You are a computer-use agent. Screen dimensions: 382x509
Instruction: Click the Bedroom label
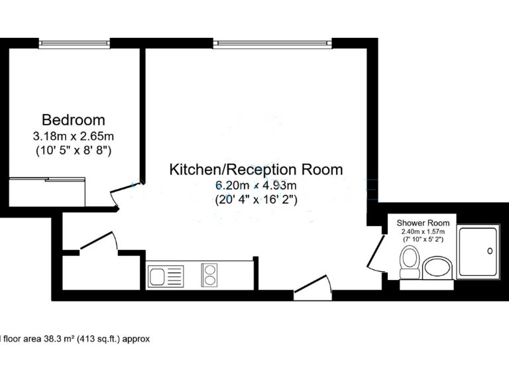[x=73, y=120]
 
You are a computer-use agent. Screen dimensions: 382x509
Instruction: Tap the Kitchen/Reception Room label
[x=256, y=169]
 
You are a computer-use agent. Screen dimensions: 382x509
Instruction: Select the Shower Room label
[x=423, y=223]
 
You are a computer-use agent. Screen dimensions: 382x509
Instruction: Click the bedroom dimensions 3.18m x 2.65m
[x=73, y=136]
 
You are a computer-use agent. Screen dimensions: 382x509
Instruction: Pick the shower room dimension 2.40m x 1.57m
[x=423, y=231]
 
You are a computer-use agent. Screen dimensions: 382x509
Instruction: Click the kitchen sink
[x=166, y=275]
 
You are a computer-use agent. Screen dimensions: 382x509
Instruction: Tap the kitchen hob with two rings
[x=209, y=275]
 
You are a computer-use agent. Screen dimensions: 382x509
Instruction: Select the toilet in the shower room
[x=410, y=261]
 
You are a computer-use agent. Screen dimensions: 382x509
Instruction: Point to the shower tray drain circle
[x=490, y=251]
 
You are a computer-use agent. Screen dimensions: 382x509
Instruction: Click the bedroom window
[x=74, y=44]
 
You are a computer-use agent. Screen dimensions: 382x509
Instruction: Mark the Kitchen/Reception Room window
[x=272, y=44]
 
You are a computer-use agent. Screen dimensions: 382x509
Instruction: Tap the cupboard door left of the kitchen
[x=98, y=243]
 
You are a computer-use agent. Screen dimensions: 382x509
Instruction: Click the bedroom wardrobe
[x=48, y=192]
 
